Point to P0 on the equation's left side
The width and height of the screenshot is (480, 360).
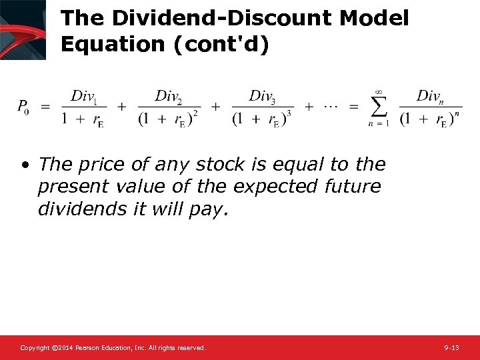click(x=23, y=106)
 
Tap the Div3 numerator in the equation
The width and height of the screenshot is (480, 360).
click(x=263, y=97)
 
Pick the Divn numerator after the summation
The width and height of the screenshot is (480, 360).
click(x=431, y=97)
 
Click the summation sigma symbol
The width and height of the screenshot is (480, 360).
click(x=379, y=106)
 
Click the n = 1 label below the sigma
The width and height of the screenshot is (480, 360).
click(x=379, y=123)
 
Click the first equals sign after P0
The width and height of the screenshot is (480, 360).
click(x=46, y=107)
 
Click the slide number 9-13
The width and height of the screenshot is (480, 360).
click(x=451, y=348)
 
